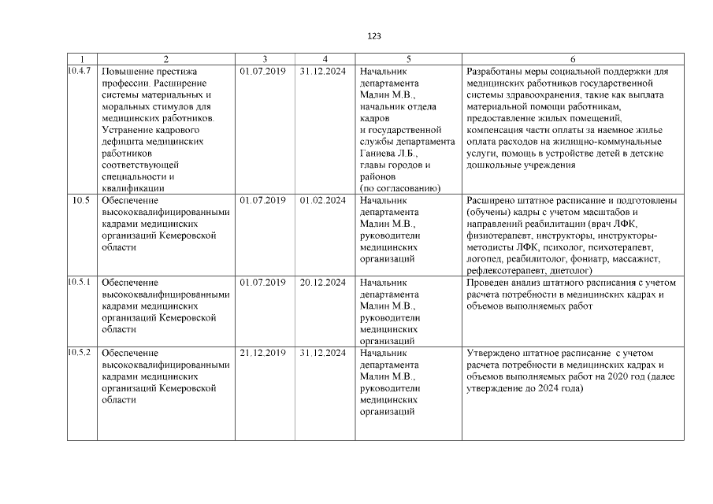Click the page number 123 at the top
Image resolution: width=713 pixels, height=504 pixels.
374,36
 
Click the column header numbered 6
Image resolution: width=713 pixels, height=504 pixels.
572,59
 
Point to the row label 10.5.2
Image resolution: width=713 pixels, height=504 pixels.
80,353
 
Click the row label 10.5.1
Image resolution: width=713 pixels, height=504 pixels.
80,283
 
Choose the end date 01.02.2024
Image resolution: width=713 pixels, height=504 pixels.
323,201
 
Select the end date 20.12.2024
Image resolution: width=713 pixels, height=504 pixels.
323,283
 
